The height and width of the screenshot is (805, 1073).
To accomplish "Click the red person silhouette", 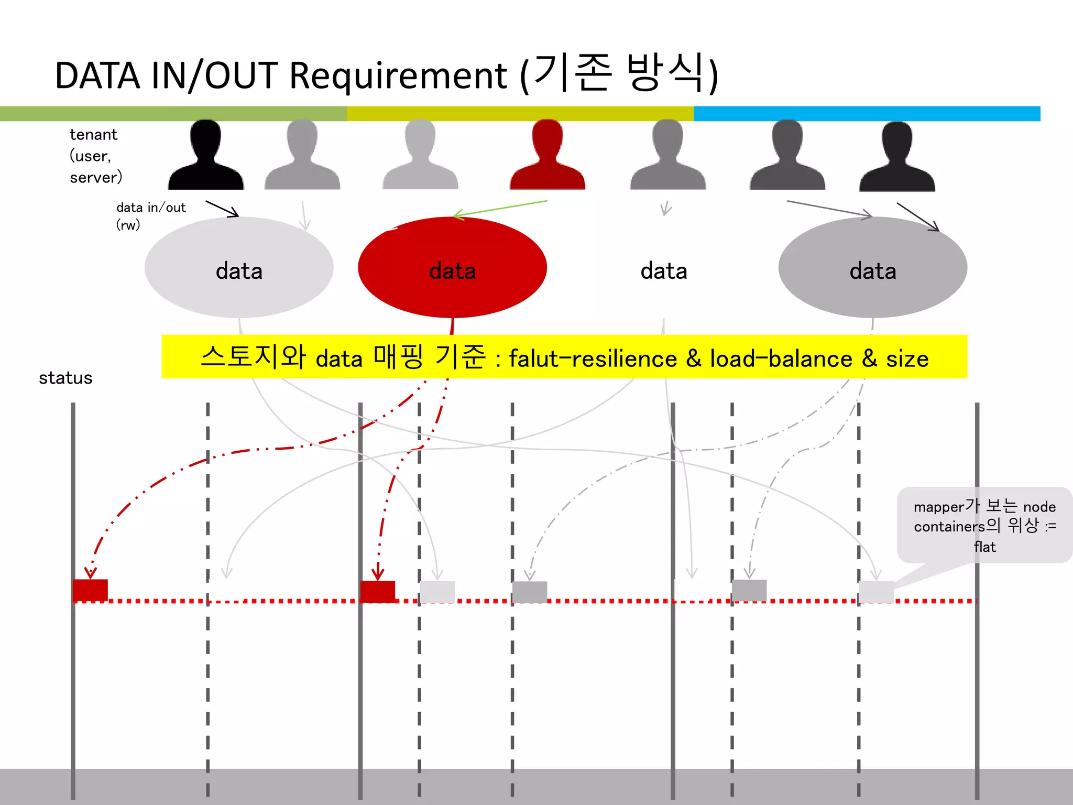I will pos(547,157).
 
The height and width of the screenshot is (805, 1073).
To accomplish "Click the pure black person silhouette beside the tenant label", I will pos(205,157).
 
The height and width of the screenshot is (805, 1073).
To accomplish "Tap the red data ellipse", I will pos(452,267).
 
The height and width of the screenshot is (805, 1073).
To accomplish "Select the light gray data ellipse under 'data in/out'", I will pos(239,267).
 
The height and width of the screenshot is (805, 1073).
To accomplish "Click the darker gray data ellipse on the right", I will pos(872,267).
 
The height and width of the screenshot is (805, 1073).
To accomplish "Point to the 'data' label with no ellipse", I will pos(663,271).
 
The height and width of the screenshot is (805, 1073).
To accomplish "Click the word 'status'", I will pos(65,378).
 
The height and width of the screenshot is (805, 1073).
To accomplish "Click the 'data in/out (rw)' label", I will pos(151,216).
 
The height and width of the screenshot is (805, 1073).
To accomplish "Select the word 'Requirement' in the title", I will pos(398,76).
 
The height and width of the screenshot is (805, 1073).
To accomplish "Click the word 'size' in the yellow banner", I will pos(907,359).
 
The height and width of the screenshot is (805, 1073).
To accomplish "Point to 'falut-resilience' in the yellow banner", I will pos(593,359).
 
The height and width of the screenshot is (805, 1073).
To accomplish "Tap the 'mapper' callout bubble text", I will pos(984,526).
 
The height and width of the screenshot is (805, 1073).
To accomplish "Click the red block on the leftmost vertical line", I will pos(90,590).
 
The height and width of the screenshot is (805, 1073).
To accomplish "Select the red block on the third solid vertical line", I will pos(378,591).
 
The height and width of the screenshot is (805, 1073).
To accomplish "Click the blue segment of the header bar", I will pos(867,114).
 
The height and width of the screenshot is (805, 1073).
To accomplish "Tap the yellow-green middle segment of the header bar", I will pos(520,114).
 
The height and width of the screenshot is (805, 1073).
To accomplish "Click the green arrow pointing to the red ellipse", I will pos(500,208).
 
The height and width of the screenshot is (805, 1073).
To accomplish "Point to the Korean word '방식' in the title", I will pos(665,73).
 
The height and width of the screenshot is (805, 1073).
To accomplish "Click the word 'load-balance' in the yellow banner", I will pos(781,359).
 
